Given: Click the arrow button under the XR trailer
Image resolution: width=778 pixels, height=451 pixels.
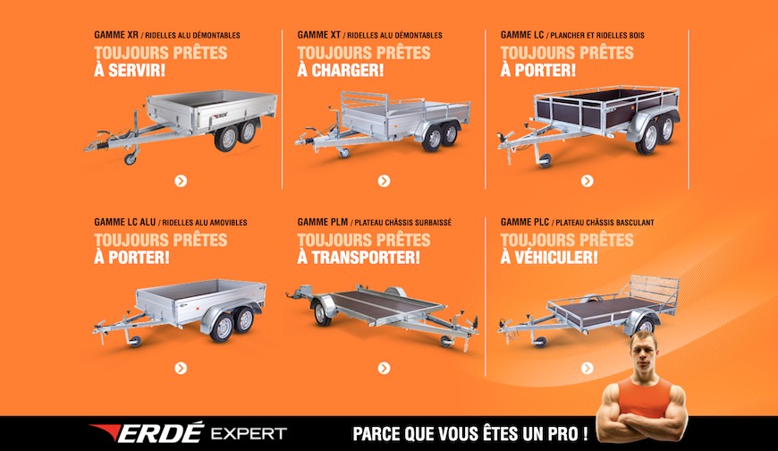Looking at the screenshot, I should pyautogui.click(x=181, y=181).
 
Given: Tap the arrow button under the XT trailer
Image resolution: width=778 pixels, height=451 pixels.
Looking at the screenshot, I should pyautogui.click(x=384, y=181).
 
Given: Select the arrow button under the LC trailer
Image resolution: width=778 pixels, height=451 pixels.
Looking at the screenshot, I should pyautogui.click(x=587, y=181).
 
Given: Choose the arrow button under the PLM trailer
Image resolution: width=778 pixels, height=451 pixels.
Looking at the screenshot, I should pyautogui.click(x=384, y=368).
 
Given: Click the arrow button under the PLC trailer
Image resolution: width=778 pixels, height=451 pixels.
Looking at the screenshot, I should pyautogui.click(x=587, y=368).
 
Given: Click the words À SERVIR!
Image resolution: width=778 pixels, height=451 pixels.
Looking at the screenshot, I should pyautogui.click(x=130, y=70).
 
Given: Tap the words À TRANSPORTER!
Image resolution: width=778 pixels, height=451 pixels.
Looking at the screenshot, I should pyautogui.click(x=358, y=257).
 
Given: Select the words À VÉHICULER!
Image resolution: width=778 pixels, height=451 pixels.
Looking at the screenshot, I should pyautogui.click(x=549, y=257).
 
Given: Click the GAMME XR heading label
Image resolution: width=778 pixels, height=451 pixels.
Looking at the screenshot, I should pyautogui.click(x=116, y=36).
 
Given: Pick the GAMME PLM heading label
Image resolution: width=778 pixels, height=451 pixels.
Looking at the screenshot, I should pyautogui.click(x=323, y=222).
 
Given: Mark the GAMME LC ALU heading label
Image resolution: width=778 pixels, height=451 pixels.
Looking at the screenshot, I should pyautogui.click(x=124, y=222).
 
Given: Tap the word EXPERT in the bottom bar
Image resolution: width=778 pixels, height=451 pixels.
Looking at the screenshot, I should pyautogui.click(x=249, y=434).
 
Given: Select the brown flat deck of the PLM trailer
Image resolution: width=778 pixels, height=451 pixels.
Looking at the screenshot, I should pyautogui.click(x=380, y=305).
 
